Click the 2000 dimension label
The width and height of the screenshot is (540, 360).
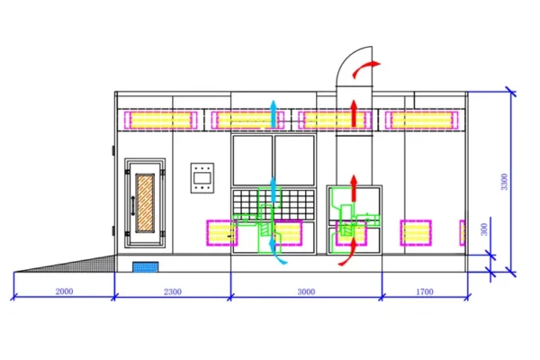[64, 292]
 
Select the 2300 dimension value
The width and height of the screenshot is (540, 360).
[173, 292]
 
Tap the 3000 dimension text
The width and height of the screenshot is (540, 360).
[306, 292]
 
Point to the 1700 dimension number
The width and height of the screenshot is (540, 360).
[425, 292]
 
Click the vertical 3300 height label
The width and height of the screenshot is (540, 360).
[504, 182]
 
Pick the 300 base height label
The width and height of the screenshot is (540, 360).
[484, 229]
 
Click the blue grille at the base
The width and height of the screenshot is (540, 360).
[146, 267]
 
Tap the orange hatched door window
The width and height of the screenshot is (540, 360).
[145, 202]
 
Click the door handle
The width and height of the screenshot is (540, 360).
[133, 206]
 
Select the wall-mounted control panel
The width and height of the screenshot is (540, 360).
[202, 178]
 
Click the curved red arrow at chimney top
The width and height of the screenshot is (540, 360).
[364, 68]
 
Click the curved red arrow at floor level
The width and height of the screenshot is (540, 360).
[349, 253]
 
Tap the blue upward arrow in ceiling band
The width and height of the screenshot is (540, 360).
[274, 114]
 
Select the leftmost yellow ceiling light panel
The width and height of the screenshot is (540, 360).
[160, 121]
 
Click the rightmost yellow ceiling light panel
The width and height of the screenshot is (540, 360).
[421, 121]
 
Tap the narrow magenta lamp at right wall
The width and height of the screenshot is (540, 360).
[463, 233]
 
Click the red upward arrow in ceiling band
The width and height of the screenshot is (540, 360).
[354, 113]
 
